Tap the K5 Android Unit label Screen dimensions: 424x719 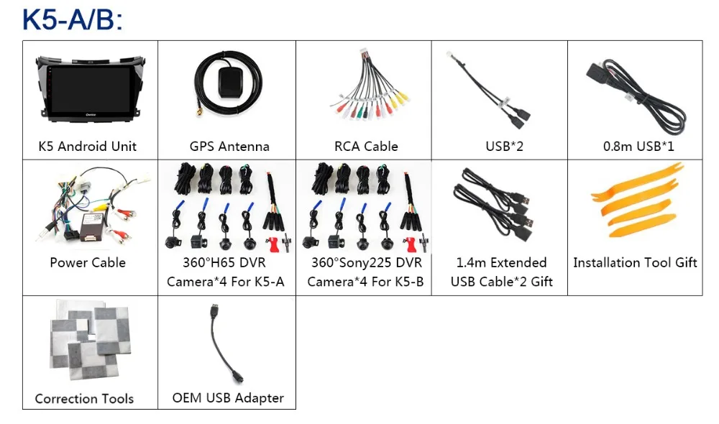tap(87, 147)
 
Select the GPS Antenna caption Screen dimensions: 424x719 tap(229, 147)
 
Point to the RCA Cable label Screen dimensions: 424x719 tap(366, 147)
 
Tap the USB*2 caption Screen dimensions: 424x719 tap(504, 147)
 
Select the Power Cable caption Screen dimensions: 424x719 tap(88, 262)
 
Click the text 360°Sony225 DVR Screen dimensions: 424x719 tap(366, 262)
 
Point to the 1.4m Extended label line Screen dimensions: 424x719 tap(502, 262)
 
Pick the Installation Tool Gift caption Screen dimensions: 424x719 tap(635, 262)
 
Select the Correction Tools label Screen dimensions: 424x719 tap(84, 398)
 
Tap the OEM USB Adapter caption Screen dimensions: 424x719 tap(228, 397)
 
